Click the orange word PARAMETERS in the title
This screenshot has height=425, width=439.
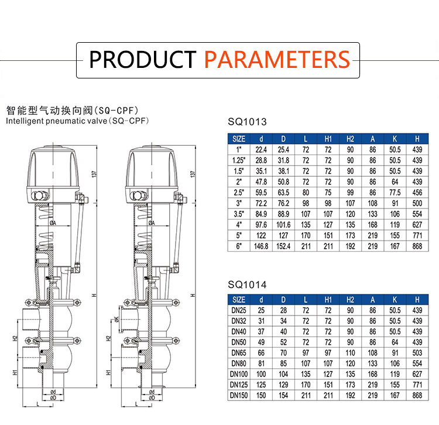click(x=277, y=59)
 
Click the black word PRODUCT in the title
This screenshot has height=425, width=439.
click(x=142, y=59)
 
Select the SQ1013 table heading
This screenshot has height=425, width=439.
click(x=247, y=122)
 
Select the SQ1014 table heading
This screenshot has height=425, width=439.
click(x=247, y=285)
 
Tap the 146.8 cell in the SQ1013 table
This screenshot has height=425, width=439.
click(x=261, y=246)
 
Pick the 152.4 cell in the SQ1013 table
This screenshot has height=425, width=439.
click(x=283, y=246)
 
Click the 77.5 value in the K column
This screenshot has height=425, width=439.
click(x=395, y=193)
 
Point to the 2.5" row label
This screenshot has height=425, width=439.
click(x=239, y=193)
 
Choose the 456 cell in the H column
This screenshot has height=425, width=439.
click(x=417, y=193)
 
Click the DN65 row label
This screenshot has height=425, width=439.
click(x=239, y=353)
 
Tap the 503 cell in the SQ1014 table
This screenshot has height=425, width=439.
click(x=417, y=353)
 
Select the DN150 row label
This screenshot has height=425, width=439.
click(x=239, y=395)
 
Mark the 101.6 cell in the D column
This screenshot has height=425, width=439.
click(x=283, y=225)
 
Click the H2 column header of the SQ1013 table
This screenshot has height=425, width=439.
click(x=350, y=139)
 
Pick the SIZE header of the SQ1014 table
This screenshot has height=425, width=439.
click(x=239, y=300)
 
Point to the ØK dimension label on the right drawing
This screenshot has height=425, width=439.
click(x=117, y=319)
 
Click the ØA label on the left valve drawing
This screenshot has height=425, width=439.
click(x=53, y=223)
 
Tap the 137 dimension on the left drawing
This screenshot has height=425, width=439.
click(x=94, y=174)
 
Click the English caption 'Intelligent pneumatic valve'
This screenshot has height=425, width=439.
click(x=56, y=121)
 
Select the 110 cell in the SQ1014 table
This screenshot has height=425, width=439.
click(x=350, y=353)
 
